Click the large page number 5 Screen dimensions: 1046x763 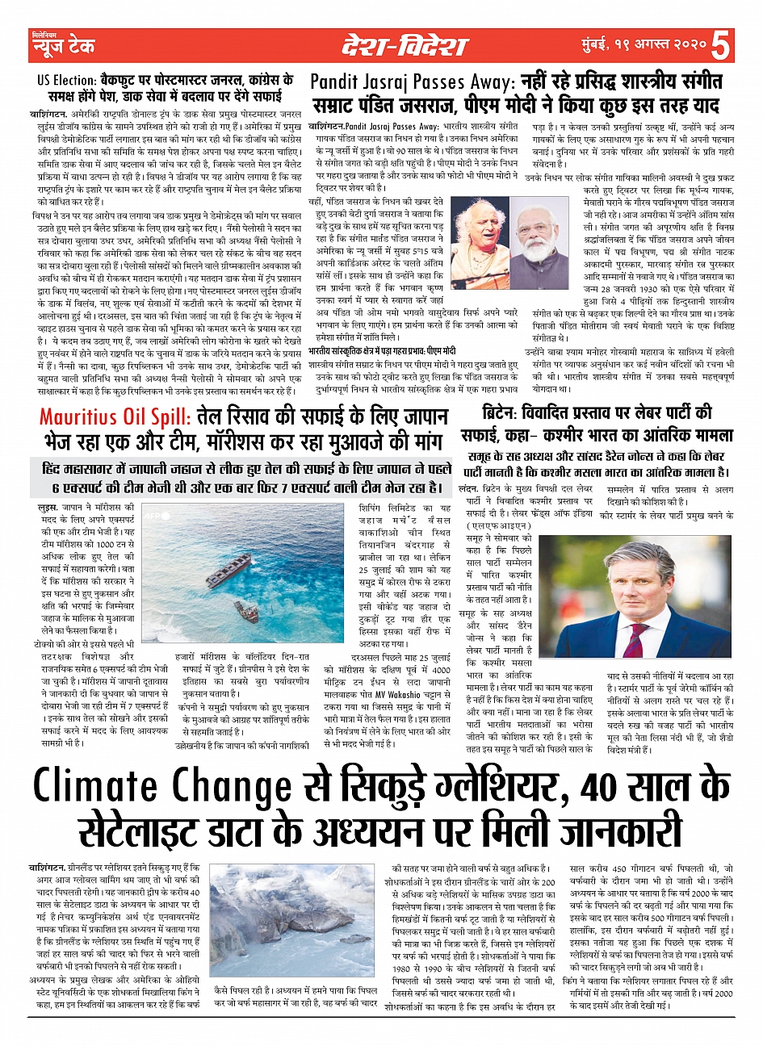tap(721, 45)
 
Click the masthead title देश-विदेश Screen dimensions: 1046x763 tap(404, 46)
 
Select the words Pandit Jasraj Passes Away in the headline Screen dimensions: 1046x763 tap(412, 82)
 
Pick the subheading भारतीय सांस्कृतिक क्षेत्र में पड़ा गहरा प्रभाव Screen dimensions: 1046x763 tap(382, 351)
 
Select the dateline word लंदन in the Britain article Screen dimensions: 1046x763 tap(467, 489)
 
